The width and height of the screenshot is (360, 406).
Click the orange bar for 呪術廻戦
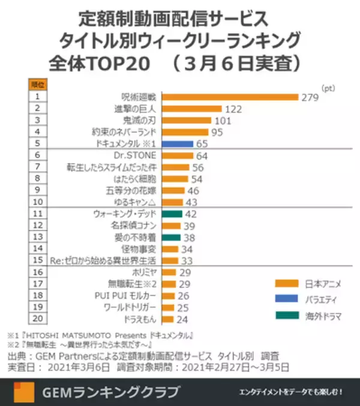[230, 97]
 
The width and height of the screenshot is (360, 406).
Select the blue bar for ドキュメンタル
[177, 144]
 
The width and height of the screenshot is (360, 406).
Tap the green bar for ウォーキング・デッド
[172, 214]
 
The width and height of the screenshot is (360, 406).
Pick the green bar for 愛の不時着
[171, 237]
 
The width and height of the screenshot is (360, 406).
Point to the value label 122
[232, 109]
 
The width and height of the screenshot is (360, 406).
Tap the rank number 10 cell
[37, 202]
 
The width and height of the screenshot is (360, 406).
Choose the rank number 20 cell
[37, 319]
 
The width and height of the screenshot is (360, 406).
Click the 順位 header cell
[37, 85]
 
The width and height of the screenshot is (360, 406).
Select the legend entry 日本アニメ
[316, 283]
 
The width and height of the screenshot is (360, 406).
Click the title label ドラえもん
[141, 320]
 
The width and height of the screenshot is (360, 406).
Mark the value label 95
[217, 133]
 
